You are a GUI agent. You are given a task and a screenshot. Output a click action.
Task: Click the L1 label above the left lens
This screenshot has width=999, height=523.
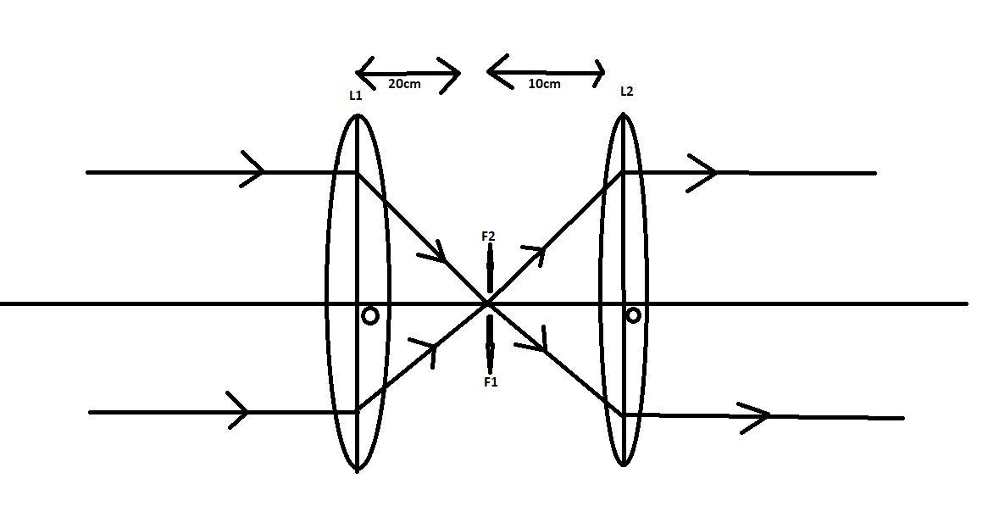356,96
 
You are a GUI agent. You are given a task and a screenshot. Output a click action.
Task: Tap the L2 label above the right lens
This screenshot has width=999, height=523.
626,92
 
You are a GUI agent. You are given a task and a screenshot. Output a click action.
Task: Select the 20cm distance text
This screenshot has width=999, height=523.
404,84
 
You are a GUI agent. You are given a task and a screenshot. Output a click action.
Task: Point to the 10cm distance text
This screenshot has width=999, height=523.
544,84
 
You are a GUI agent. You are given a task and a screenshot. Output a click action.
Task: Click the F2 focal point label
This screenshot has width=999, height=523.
488,236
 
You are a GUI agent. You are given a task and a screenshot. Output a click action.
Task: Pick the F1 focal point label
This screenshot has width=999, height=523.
491,382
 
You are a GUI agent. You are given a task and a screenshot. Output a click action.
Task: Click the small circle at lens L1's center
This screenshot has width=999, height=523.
370,316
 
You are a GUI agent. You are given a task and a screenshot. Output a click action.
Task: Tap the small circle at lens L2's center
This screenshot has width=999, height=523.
633,315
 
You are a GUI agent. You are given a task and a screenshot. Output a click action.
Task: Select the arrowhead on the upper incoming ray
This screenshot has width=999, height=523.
253,170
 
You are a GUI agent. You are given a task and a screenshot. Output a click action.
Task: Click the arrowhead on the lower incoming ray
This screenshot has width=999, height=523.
240,411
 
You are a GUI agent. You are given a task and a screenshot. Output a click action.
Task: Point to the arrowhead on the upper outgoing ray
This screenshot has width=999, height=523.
703,173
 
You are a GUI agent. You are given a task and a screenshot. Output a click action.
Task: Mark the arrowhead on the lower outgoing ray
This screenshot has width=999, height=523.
757,416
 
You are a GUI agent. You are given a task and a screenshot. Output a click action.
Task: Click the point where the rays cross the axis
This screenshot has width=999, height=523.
488,303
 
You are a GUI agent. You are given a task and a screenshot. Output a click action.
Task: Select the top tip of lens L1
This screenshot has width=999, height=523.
357,116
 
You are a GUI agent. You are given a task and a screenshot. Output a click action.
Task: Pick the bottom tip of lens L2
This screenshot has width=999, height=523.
624,464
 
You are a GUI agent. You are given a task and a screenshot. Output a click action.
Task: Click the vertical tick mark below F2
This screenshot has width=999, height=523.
490,268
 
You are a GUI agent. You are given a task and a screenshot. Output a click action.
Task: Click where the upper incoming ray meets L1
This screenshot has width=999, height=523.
357,173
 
